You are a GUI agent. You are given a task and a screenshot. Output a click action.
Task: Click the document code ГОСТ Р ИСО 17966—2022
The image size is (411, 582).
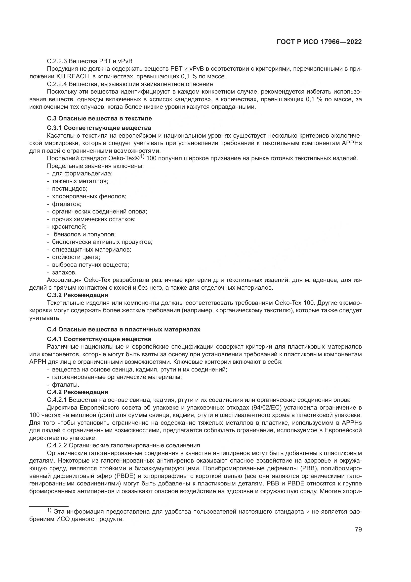tap(319, 42)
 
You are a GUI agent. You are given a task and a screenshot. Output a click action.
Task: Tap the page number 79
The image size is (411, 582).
tap(358, 529)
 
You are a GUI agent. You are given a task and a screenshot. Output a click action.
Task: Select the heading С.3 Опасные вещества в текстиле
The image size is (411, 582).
tap(99, 118)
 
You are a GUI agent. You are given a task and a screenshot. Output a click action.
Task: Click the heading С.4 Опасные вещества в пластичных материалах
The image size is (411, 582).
tap(123, 329)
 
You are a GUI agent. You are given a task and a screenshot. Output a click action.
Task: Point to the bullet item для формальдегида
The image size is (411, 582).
tap(82, 174)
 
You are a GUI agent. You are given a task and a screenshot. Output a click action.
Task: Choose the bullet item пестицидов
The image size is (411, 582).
tap(70, 189)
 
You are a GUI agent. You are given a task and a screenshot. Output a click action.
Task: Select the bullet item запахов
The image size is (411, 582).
tap(64, 272)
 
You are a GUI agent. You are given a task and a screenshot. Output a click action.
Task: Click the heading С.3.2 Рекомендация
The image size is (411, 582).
tap(78, 295)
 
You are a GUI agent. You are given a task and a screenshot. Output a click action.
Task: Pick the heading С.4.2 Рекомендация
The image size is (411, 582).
tap(78, 392)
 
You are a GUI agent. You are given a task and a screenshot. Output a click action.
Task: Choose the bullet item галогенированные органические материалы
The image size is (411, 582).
tap(117, 377)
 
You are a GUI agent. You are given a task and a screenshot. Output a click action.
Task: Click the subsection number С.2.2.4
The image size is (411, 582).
tap(57, 84)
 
